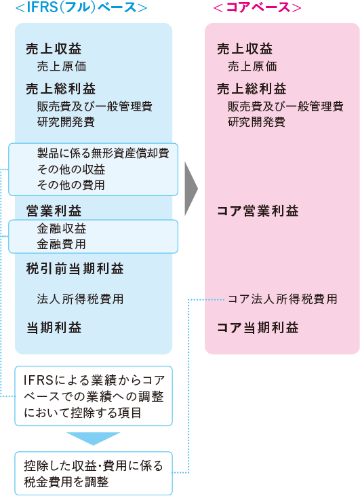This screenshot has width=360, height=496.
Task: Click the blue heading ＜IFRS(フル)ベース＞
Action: pos(81,7)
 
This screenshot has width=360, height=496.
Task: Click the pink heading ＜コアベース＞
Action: pos(257,7)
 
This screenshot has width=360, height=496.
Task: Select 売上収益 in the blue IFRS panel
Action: pos(54,49)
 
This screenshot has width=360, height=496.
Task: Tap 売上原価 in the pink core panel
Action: pos(252,66)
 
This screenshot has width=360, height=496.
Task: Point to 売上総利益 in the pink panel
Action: pos(252,89)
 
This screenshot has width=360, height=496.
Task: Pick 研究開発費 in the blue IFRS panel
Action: pos(66,121)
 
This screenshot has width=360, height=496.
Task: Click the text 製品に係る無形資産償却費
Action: pos(103,153)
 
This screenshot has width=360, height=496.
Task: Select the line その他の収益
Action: pos(71,169)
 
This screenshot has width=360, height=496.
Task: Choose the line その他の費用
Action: pos(71,185)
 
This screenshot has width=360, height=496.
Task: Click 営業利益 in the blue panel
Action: pos(54,210)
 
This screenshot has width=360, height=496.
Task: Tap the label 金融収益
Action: pos(61,229)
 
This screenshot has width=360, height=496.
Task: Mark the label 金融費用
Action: pos(61,244)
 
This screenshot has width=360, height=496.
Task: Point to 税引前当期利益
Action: pos(75,269)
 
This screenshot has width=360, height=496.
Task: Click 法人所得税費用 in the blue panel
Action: pos(80,299)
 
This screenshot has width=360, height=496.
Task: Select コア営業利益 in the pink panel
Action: pos(258,210)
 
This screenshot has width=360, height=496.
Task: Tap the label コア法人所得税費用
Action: pos(283,299)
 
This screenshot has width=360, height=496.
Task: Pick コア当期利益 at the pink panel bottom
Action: pos(258,328)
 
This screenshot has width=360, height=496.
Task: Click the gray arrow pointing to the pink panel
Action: pos(191,189)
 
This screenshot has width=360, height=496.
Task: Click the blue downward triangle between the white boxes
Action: pos(94,439)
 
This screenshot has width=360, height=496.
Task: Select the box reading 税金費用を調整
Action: pos(94,474)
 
